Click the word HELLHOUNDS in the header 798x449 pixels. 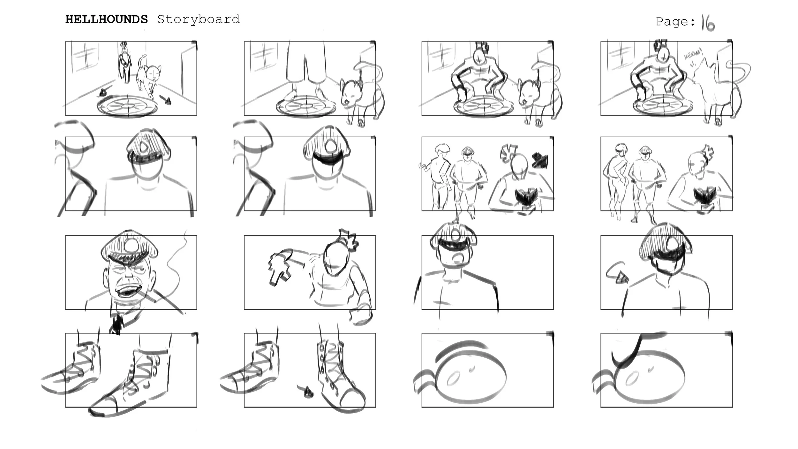coord(107,19)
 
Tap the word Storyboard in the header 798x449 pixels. coord(198,19)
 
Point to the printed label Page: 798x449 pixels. coord(675,22)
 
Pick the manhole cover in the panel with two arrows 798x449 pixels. coord(128,105)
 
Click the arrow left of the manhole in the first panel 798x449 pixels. coord(103,93)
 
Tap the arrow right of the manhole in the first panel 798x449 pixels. coord(166,100)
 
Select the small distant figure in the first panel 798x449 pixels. coord(125,62)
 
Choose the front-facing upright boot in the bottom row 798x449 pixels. coord(340,375)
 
